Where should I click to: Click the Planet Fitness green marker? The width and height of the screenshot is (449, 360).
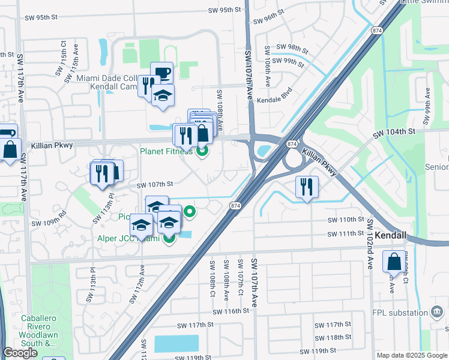coord(202,151)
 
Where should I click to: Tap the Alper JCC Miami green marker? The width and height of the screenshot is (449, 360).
coord(169,239)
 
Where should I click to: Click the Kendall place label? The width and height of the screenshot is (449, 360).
coord(391,236)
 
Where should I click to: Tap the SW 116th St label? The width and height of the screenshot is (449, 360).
coord(230,311)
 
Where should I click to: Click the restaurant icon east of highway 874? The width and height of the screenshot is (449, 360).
coord(306,186)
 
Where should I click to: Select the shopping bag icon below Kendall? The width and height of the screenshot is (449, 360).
coord(394,262)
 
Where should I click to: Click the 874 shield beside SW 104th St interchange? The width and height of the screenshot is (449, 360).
coord(291,144)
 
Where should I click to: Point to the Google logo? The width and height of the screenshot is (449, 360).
coord(20,353)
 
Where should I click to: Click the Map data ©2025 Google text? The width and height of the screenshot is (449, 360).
coord(412,355)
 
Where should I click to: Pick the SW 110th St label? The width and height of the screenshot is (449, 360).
coord(346,220)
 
